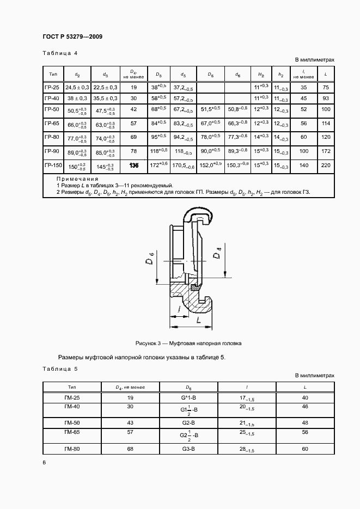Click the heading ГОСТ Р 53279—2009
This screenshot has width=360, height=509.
click(72, 36)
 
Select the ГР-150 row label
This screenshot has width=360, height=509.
click(53, 165)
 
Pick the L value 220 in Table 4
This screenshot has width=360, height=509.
click(326, 165)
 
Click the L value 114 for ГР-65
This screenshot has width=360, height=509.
click(326, 124)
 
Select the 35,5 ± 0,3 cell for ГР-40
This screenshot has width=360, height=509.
click(105, 99)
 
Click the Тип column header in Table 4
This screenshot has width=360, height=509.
click(53, 74)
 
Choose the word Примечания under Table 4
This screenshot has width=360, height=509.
click(77, 179)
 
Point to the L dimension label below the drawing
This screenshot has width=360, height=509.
click(198, 321)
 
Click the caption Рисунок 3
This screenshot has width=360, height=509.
click(188, 344)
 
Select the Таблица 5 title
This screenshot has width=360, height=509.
click(60, 369)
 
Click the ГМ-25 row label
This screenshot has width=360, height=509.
click(72, 398)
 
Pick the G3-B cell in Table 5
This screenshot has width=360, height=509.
click(188, 449)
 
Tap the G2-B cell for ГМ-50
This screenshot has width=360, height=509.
click(188, 423)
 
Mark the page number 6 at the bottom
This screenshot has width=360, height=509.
click(44, 462)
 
